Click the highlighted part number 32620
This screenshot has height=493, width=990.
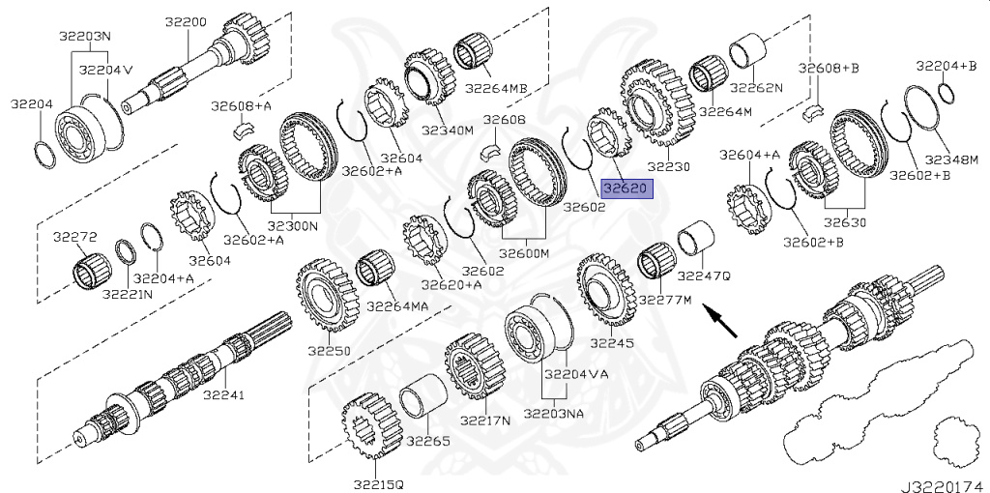(x=626, y=188)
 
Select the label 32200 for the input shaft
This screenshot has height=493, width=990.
(x=186, y=22)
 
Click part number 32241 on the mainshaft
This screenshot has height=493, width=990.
(x=224, y=395)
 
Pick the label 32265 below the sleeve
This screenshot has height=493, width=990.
(x=427, y=441)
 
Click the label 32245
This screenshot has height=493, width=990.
(x=611, y=342)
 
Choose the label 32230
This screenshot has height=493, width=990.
(x=668, y=166)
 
